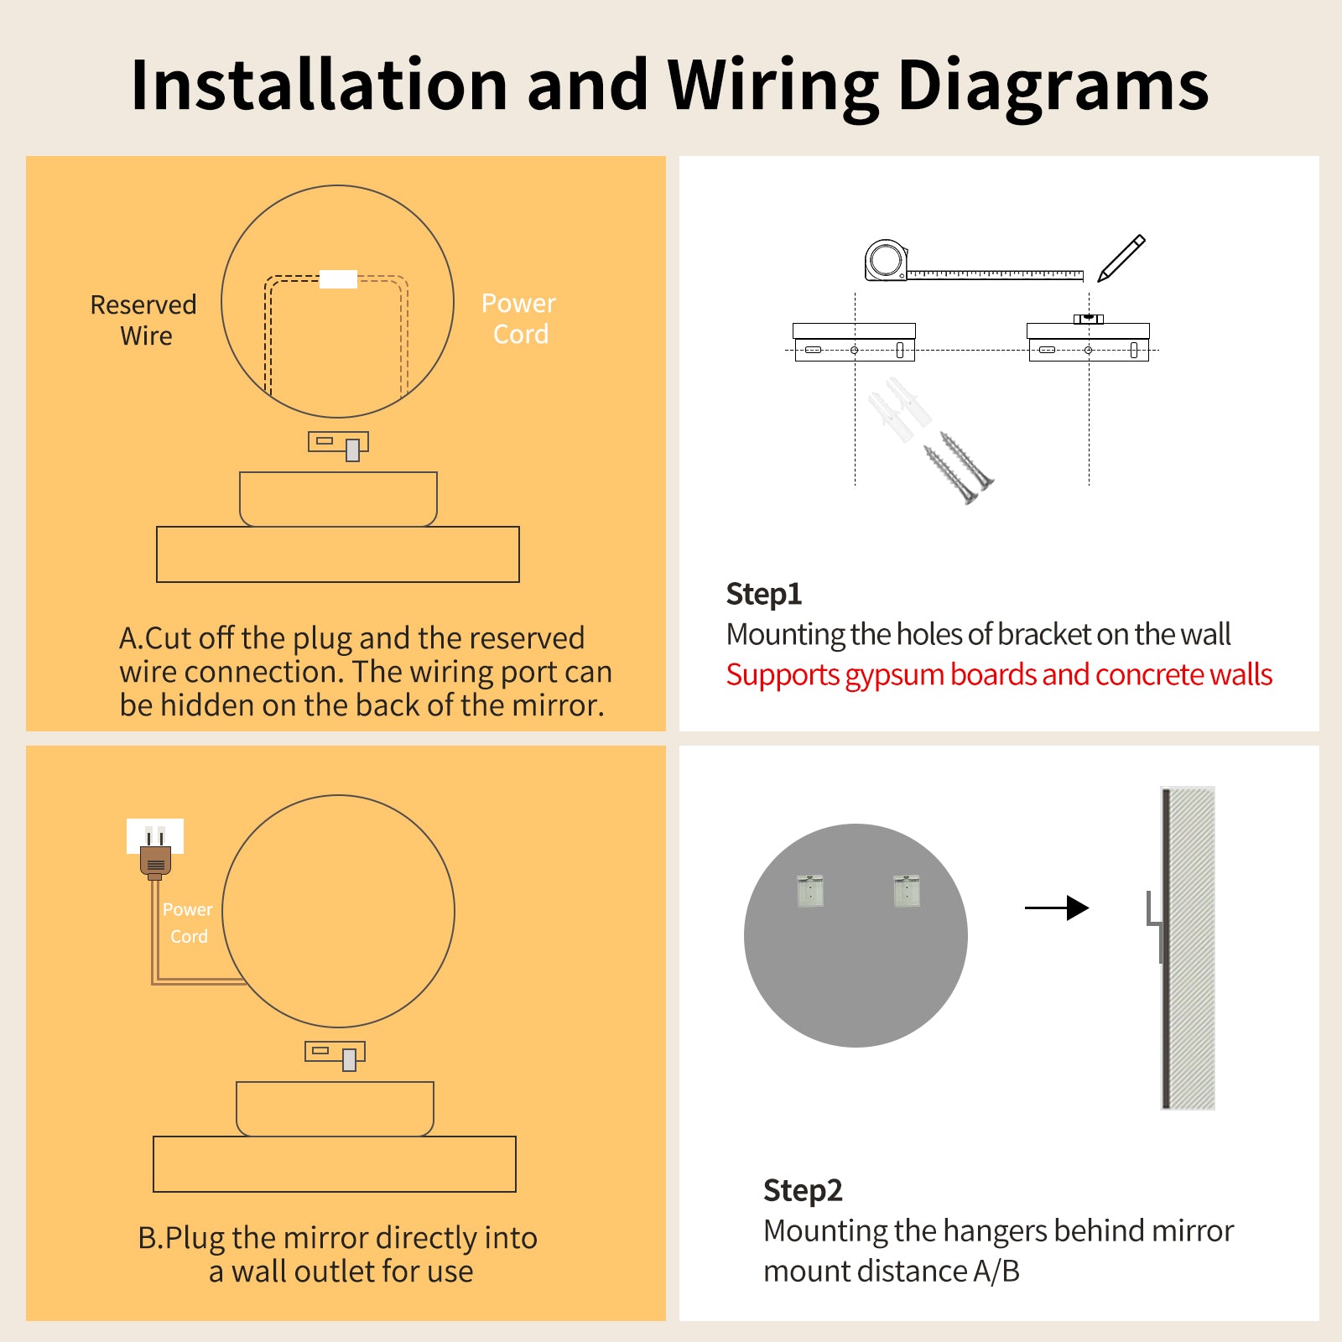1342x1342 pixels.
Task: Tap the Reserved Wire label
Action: pos(143,320)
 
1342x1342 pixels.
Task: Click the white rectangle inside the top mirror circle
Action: pos(339,279)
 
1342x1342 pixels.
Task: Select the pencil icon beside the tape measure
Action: pos(1121,258)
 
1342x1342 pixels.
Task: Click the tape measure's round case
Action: pos(886,260)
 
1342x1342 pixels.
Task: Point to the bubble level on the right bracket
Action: pos(1089,319)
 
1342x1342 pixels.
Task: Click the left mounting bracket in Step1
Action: pos(854,342)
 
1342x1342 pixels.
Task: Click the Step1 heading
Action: pos(763,594)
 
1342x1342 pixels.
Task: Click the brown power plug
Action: pos(155,861)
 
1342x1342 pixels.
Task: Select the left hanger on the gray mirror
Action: pos(810,891)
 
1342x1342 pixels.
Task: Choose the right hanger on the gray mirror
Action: pos(907,891)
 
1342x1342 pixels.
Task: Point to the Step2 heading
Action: pos(802,1190)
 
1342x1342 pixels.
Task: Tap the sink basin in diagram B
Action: pos(335,1108)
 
